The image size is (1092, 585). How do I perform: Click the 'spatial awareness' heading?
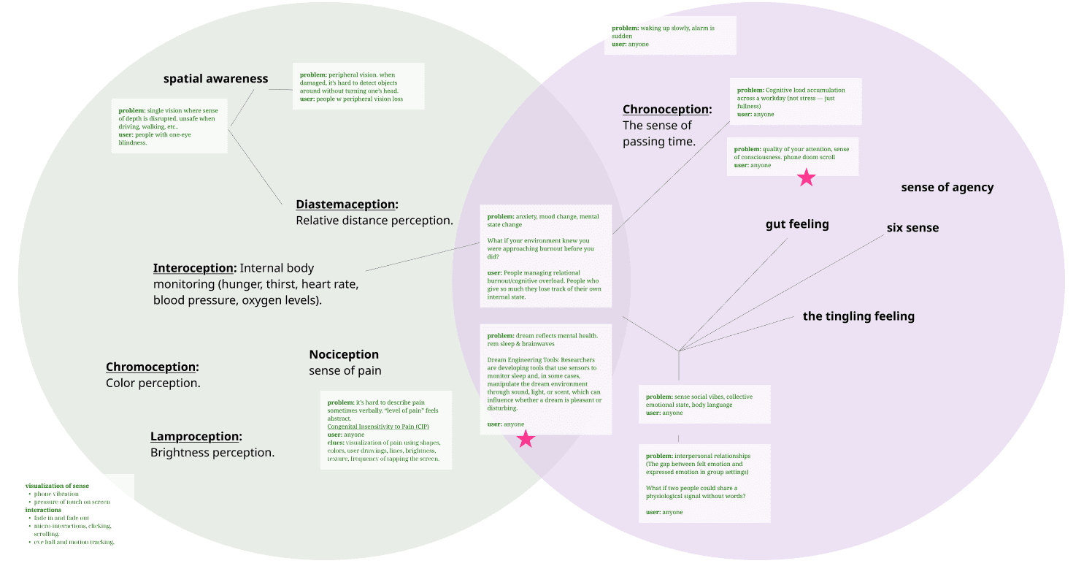(x=215, y=79)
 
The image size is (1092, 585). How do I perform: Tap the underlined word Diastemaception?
(x=345, y=204)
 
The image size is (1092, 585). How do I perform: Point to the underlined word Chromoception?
(x=151, y=367)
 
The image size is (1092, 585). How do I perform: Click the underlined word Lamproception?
(x=195, y=437)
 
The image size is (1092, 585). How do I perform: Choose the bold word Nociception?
(x=344, y=355)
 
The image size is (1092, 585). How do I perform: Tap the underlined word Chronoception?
(x=666, y=110)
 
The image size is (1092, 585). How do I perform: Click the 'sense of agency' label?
(x=947, y=188)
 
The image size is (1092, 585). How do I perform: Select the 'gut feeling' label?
(x=796, y=224)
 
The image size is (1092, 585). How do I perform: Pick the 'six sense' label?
(x=912, y=228)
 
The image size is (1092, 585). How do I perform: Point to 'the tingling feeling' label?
(x=858, y=316)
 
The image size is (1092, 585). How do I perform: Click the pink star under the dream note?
(x=526, y=439)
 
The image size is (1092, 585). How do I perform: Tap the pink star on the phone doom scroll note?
(x=806, y=177)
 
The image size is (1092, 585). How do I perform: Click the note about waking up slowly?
(x=669, y=36)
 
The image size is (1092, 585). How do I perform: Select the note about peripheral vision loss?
(x=358, y=86)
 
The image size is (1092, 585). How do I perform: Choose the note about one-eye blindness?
(x=169, y=126)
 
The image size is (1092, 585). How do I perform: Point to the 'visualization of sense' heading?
(x=57, y=486)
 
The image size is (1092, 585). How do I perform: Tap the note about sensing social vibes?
(x=704, y=405)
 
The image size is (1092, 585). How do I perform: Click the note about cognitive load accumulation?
(x=795, y=102)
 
